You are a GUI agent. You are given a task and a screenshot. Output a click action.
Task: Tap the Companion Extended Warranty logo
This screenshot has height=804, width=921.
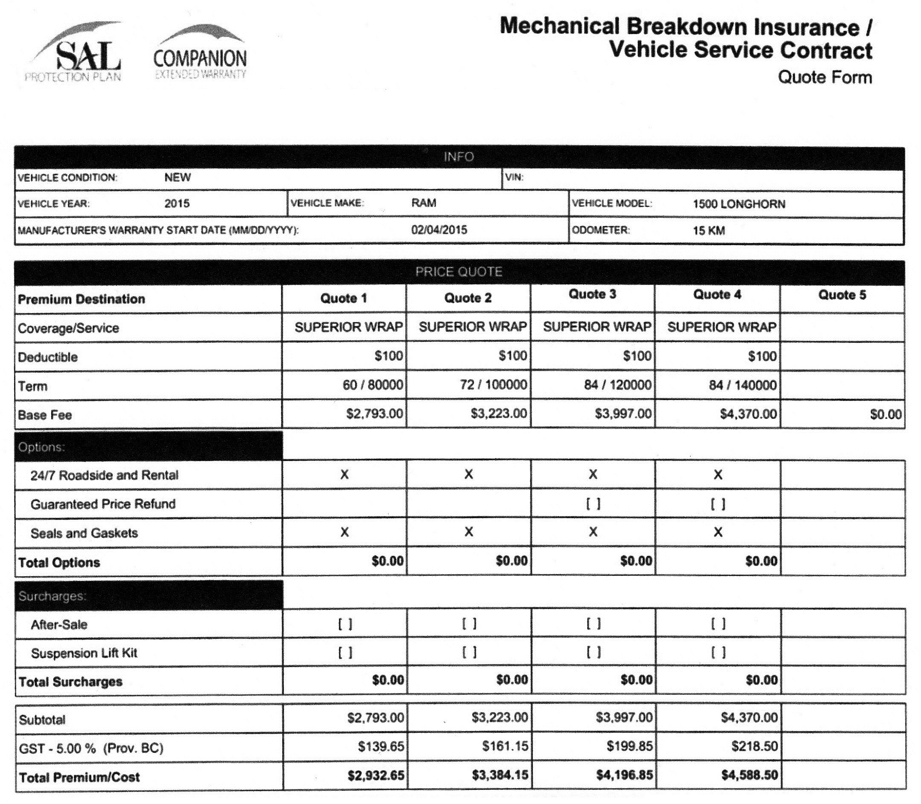tap(200, 56)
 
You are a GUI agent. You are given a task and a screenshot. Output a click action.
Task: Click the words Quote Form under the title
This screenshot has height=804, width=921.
tap(825, 77)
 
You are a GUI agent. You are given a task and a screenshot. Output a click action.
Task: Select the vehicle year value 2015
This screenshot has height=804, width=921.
tap(177, 204)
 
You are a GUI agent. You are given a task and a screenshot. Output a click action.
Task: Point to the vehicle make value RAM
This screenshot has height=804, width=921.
tap(424, 203)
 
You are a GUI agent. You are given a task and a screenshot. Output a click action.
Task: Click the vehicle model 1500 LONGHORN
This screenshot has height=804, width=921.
tap(739, 204)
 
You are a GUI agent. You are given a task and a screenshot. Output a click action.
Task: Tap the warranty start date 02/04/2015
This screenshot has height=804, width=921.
tap(439, 230)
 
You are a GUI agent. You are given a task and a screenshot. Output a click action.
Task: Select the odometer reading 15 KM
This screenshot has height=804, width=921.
tap(709, 231)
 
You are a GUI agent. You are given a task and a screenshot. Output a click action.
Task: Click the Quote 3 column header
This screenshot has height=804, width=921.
tap(592, 295)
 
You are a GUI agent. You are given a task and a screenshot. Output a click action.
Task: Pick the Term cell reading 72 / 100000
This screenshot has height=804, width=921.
tap(493, 385)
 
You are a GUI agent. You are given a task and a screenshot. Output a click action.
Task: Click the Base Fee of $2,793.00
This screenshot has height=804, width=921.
tap(374, 414)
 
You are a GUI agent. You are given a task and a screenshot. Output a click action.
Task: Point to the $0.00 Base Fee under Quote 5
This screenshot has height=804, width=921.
tap(886, 414)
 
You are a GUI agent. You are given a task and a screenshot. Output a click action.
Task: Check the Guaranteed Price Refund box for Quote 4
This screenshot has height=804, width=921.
tap(718, 505)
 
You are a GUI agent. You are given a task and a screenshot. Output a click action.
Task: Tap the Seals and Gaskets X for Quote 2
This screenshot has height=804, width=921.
tap(468, 532)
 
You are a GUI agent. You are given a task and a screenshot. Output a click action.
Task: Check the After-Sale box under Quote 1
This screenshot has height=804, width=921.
tap(345, 624)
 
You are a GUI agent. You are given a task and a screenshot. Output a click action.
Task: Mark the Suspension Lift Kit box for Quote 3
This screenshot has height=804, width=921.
tap(593, 653)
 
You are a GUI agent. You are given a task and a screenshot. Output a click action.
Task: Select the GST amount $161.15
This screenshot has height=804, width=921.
tap(505, 746)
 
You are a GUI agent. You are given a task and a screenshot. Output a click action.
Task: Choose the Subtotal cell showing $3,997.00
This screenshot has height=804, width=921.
tap(624, 717)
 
